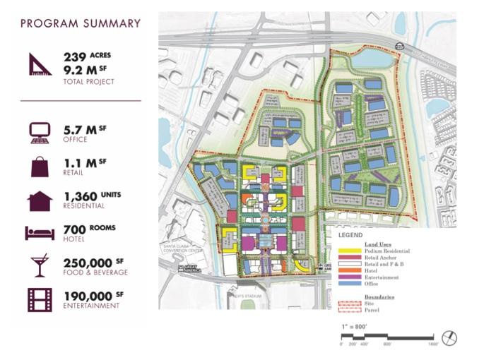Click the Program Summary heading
[x=81, y=23]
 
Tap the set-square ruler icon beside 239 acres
[x=40, y=64]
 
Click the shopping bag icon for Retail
[x=40, y=167]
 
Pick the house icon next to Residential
[x=40, y=200]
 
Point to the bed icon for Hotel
[x=40, y=232]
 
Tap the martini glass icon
[x=40, y=265]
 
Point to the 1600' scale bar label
[x=432, y=344]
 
